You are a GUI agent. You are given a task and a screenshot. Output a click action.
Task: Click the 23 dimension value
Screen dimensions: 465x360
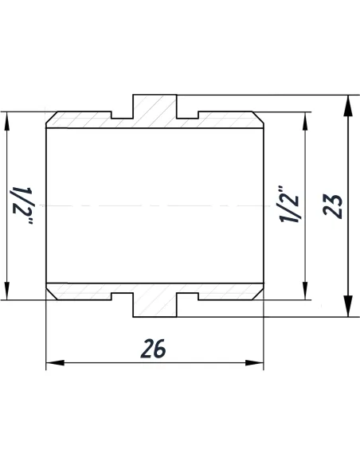point(335,205)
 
